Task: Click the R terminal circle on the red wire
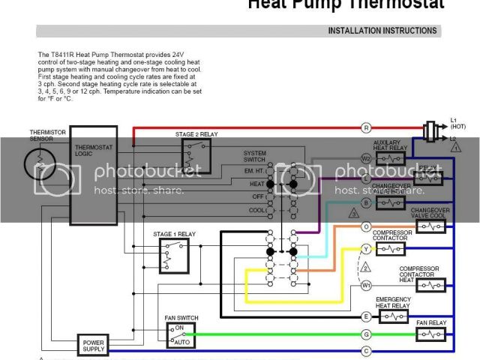pos(366,127)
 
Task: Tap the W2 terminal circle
pos(366,158)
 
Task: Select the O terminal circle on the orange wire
pos(366,226)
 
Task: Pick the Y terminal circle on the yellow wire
pos(366,248)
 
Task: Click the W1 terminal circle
pos(366,285)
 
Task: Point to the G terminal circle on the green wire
pos(366,334)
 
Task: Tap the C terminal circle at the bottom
pos(366,350)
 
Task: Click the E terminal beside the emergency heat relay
pos(366,317)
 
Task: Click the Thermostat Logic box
pos(93,175)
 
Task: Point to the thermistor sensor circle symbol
pos(39,163)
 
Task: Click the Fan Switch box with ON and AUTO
pos(181,334)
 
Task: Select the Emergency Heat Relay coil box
pos(393,317)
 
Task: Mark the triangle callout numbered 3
pos(353,214)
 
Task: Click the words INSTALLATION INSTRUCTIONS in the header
pos(382,31)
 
